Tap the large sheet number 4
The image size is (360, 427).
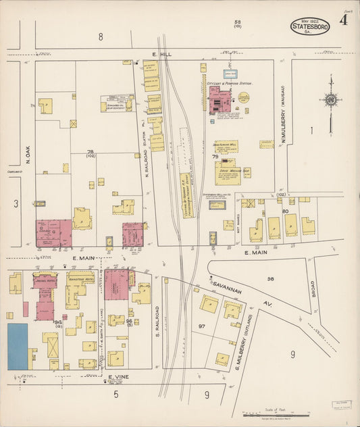pos(344,20)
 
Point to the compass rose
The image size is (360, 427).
pos(330,100)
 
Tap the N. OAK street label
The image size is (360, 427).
pos(28,155)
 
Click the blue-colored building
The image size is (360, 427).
pos(18,346)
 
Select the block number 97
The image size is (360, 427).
pos(201,326)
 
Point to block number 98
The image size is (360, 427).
pos(270,278)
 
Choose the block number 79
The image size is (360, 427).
pos(216,157)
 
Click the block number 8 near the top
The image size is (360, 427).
pos(101,37)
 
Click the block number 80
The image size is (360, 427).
pos(285,211)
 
